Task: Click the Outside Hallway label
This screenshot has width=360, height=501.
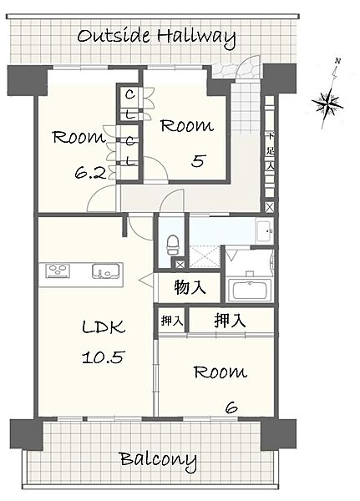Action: (x=155, y=37)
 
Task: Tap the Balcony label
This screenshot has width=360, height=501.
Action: (x=157, y=459)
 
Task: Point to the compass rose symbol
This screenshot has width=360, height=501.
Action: (x=330, y=102)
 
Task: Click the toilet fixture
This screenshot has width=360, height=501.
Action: (x=173, y=245)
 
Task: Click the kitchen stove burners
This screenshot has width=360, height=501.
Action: (x=58, y=270)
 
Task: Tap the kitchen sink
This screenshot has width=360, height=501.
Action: (x=106, y=271)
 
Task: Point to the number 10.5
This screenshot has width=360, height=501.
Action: (x=103, y=357)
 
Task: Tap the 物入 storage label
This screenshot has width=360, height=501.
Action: (x=190, y=288)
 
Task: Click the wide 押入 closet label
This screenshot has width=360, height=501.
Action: (x=229, y=319)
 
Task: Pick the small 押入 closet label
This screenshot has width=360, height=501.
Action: (x=169, y=320)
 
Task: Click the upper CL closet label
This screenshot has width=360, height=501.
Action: (x=131, y=105)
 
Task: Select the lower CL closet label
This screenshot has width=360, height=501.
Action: (x=131, y=151)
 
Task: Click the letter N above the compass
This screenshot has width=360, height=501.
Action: (x=337, y=62)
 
